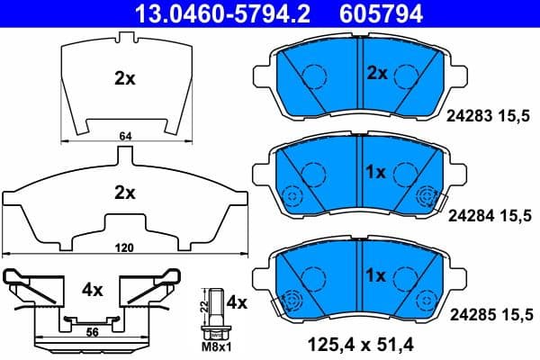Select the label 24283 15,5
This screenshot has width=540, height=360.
click(490, 114)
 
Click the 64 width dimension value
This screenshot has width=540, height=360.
click(124, 136)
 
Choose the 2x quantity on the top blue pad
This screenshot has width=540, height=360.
click(375, 72)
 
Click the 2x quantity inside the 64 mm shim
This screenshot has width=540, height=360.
click(124, 78)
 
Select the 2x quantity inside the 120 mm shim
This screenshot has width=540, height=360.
click(124, 192)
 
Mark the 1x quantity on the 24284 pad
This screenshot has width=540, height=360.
click(375, 171)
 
